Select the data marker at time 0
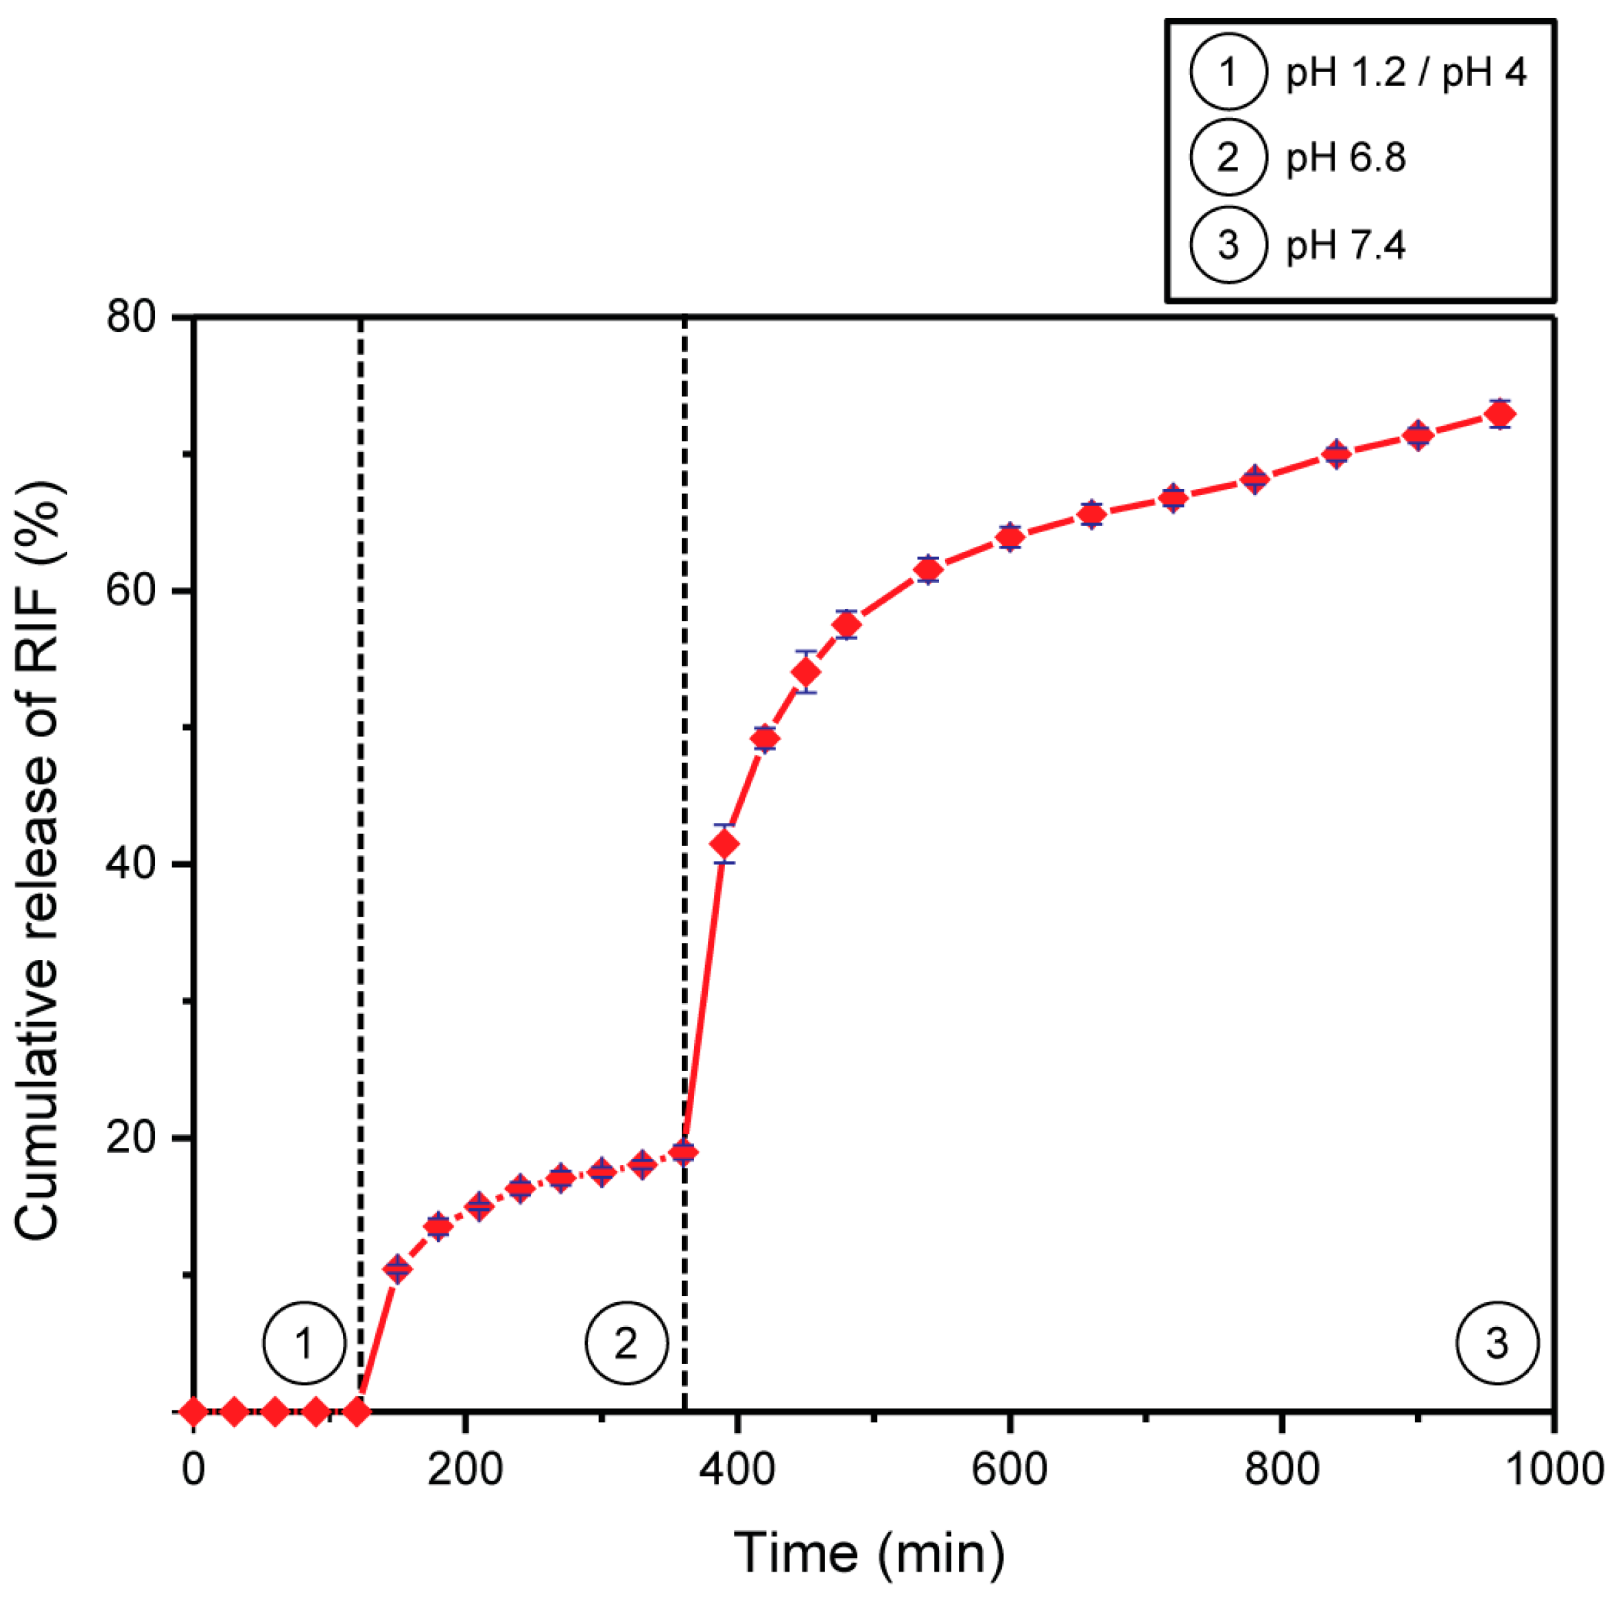tap(193, 1411)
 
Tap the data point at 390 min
tap(724, 844)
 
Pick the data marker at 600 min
tap(1010, 537)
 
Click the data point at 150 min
tap(397, 1269)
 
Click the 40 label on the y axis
tap(132, 864)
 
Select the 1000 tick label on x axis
tap(1554, 1469)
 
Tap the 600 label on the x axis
tap(1010, 1469)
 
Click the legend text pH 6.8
tap(1345, 158)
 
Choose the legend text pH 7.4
tap(1345, 245)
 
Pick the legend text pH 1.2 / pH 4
tap(1406, 72)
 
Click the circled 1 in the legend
tap(1228, 72)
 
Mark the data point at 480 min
tap(846, 625)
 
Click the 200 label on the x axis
tap(465, 1469)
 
